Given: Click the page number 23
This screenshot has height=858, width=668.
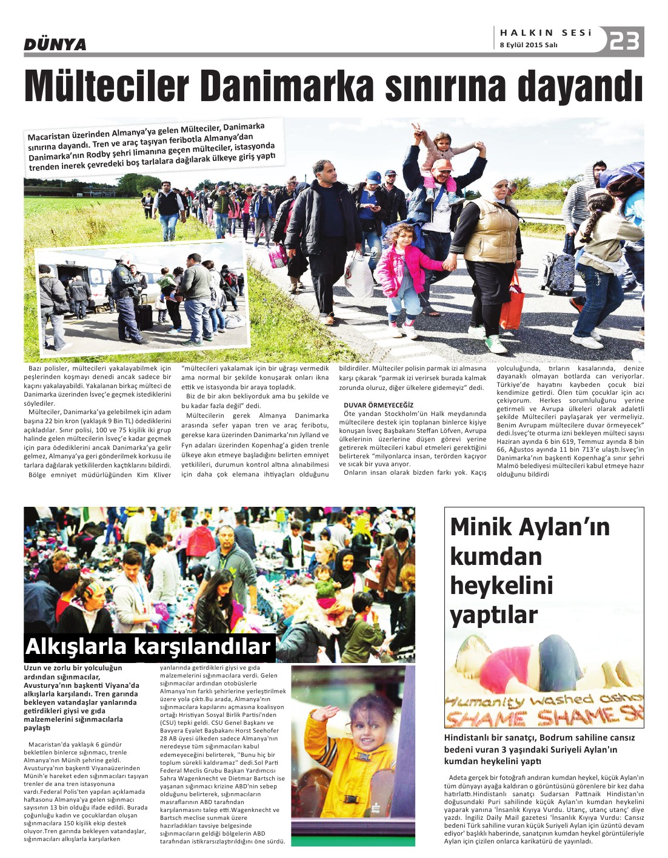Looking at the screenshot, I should [x=625, y=41].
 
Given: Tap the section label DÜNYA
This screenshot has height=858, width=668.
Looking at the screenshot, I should [x=55, y=44].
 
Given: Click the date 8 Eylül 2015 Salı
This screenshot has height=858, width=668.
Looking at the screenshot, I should [x=528, y=45].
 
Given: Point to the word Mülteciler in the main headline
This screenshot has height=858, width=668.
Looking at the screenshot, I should [x=107, y=87].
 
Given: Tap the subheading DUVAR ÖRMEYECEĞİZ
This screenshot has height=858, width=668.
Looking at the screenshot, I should [x=378, y=405].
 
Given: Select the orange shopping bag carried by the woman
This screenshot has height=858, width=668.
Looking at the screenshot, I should [x=512, y=303].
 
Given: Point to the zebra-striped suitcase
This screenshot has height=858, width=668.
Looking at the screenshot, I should [x=559, y=273].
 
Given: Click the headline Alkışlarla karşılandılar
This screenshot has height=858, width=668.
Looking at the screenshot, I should [x=148, y=647].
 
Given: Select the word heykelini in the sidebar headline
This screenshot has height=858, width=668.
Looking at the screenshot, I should [x=501, y=586].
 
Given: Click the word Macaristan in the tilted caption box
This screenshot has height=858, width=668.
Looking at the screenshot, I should [x=51, y=136].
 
